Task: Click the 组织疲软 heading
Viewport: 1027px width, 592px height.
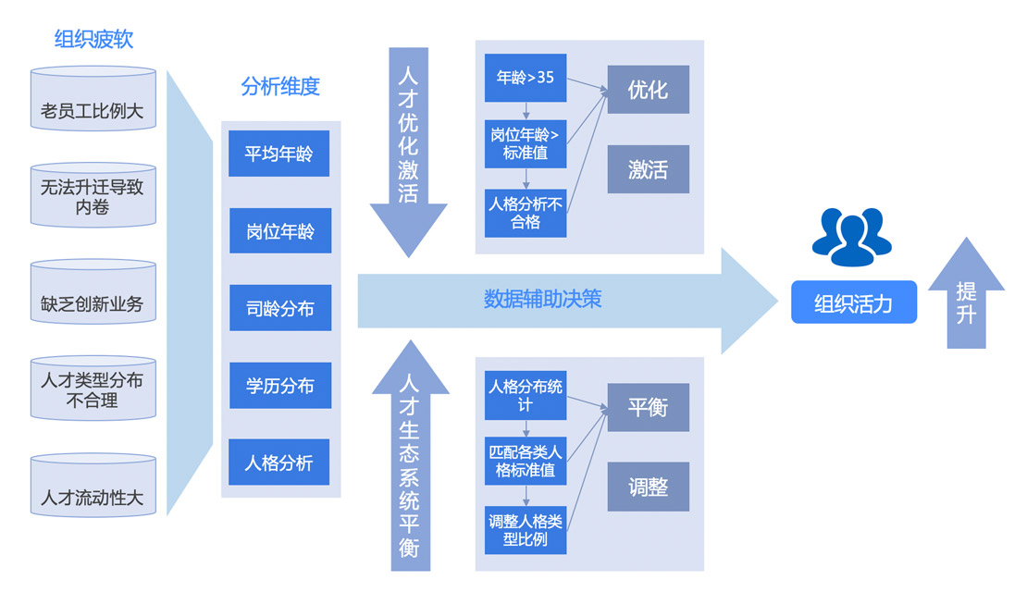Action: click(x=93, y=39)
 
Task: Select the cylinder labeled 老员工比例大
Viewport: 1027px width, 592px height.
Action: click(x=93, y=111)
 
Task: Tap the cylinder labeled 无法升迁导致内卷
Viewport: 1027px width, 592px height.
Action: click(x=93, y=196)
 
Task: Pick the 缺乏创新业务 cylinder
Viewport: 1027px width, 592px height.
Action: click(x=93, y=302)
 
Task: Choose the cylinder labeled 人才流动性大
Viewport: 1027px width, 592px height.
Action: click(x=93, y=497)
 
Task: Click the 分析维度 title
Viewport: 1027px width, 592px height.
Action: click(x=280, y=87)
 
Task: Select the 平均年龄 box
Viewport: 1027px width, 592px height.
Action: click(x=279, y=154)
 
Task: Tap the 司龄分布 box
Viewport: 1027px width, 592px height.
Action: click(x=279, y=308)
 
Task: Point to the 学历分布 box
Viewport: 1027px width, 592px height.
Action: click(x=279, y=386)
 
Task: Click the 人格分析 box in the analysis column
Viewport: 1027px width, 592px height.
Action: click(x=279, y=462)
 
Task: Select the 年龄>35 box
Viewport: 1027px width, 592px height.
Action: click(x=526, y=78)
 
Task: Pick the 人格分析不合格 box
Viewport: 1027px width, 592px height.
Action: click(x=526, y=213)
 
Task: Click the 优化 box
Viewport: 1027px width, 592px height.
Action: click(x=648, y=90)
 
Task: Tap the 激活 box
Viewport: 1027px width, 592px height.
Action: click(x=648, y=169)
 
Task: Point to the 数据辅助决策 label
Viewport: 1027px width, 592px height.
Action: click(x=543, y=299)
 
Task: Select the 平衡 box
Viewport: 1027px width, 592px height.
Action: click(x=648, y=407)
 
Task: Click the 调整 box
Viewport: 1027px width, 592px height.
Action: click(x=648, y=487)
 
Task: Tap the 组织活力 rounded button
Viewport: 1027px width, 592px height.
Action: click(x=853, y=302)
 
